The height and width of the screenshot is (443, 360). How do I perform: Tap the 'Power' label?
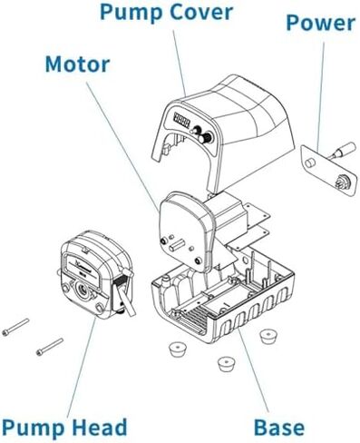coord(320,23)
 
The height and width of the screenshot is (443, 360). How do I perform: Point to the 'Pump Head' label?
coord(63,426)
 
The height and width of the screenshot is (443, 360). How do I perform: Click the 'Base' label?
coord(278,426)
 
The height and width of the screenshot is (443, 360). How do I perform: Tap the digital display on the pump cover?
coord(181,119)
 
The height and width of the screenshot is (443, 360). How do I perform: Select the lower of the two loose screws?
coord(48,346)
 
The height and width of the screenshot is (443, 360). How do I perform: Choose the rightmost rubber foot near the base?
coord(267,337)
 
